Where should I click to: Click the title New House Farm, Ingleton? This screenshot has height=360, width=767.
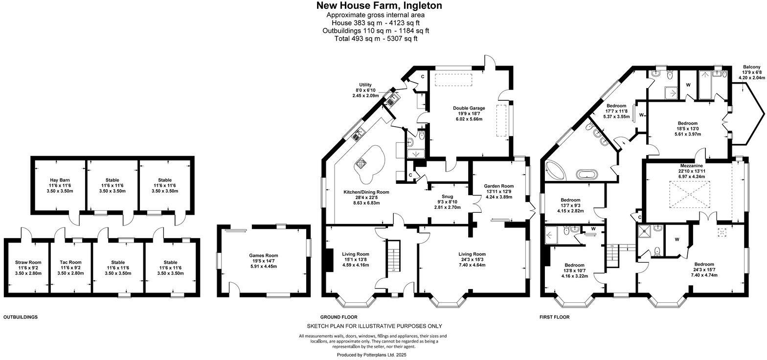coord(379,6)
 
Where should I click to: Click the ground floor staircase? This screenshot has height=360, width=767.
coord(391,255)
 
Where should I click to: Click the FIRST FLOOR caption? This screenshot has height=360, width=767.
coord(555,317)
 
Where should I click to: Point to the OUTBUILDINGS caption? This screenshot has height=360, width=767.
coord(21,317)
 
